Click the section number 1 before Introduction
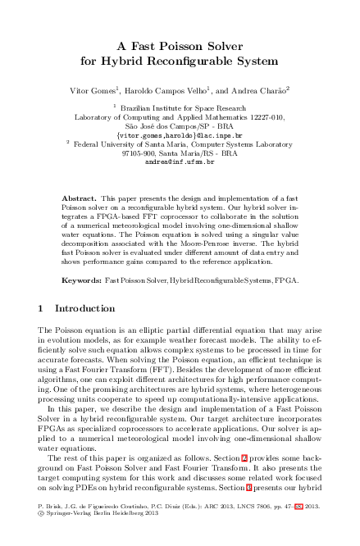(x=41, y=308)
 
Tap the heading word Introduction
(x=84, y=308)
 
